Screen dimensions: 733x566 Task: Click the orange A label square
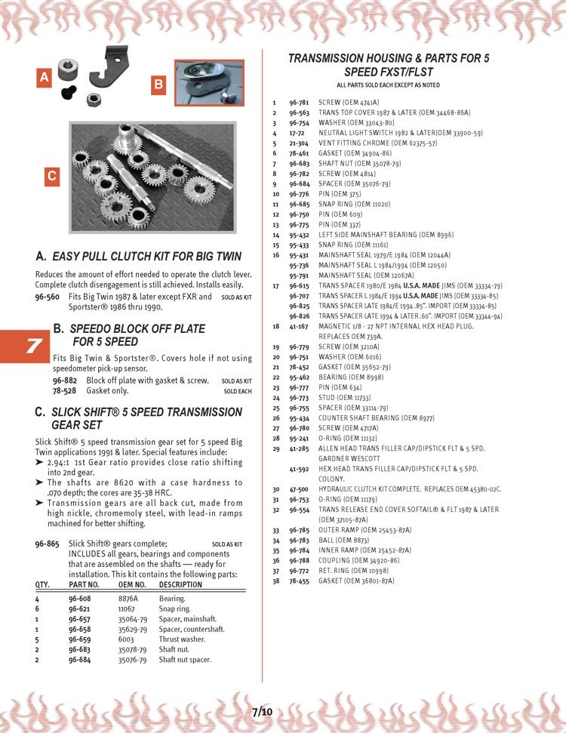tap(45, 77)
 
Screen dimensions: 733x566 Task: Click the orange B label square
tap(158, 85)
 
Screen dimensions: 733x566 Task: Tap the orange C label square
tap(52, 176)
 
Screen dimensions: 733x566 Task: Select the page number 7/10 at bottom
tap(262, 711)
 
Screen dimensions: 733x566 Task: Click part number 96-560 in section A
tap(48, 297)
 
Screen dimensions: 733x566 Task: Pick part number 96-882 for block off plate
tap(65, 380)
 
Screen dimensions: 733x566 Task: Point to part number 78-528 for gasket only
tap(65, 391)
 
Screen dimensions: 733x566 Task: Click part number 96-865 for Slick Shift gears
tap(48, 543)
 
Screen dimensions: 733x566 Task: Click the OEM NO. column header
tap(131, 584)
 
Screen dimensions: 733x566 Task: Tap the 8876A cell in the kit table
tap(128, 598)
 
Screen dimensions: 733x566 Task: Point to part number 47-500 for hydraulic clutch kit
tap(299, 489)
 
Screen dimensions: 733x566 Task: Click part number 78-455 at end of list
tap(299, 581)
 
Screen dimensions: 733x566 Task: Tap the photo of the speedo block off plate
tap(209, 83)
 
